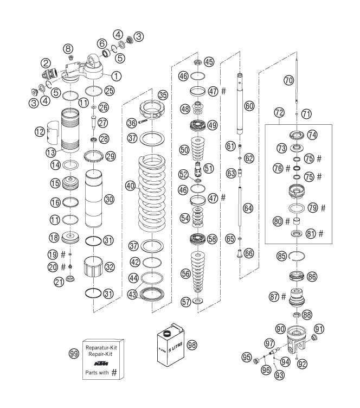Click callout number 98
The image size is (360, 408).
point(192,345)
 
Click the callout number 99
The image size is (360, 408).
point(74,353)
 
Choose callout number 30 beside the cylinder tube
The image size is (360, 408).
point(109,199)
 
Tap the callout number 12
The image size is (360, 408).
point(39,131)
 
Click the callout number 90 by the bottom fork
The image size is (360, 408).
point(280,329)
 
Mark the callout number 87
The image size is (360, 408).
point(274,296)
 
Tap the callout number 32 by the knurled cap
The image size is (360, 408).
point(109,267)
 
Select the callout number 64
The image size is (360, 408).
point(248,207)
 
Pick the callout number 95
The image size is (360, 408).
point(247,357)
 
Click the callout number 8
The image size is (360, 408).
point(68,49)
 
